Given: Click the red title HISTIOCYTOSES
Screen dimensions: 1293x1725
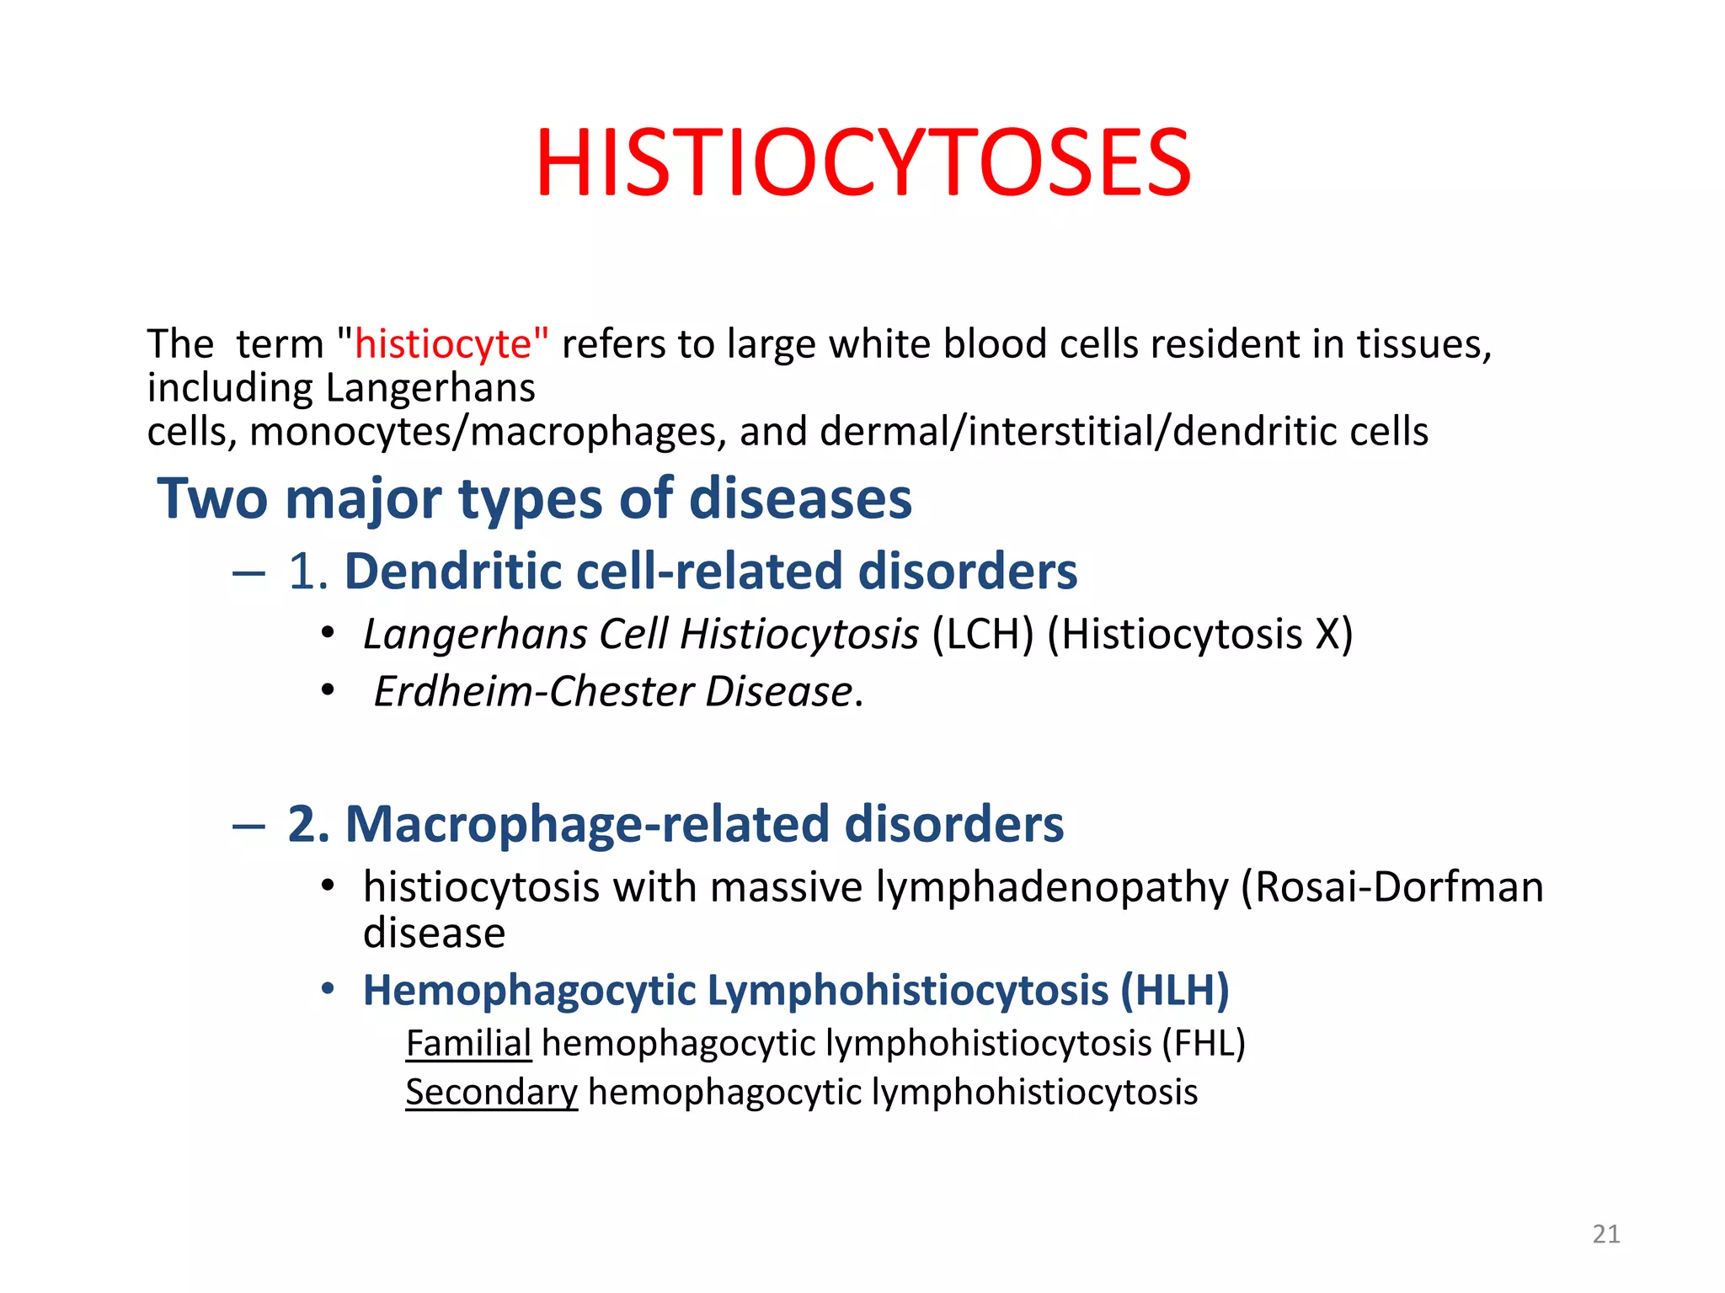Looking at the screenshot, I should [x=862, y=162].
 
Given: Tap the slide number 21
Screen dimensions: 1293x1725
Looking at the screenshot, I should [x=1606, y=1234].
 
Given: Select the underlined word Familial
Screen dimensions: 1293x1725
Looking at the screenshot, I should [x=468, y=1044].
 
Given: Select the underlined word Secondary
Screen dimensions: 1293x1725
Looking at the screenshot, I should [x=491, y=1093].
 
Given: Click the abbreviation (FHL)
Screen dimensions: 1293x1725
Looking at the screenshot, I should [x=1203, y=1044].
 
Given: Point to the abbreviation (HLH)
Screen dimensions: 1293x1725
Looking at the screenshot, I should [x=1174, y=990].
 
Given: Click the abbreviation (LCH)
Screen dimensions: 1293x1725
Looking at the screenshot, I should [x=982, y=634].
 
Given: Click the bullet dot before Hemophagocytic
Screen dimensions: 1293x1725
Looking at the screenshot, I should [x=328, y=988].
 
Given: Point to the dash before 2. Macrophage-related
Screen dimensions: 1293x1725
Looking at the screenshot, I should [x=248, y=826].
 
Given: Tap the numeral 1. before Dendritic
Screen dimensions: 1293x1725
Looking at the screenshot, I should [x=307, y=572].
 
